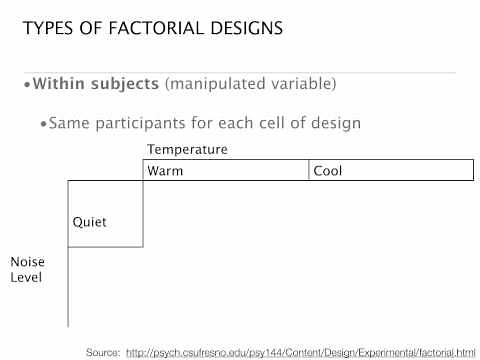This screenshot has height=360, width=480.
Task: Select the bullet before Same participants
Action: [x=43, y=124]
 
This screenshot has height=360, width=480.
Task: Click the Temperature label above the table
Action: [x=187, y=150]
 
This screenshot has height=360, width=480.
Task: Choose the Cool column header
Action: [x=328, y=171]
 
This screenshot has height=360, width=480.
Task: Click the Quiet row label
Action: [x=89, y=222]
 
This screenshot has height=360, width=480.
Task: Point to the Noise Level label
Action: [x=27, y=270]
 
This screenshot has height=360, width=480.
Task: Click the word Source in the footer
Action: [x=103, y=352]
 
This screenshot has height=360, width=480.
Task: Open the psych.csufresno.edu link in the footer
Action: [x=301, y=352]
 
